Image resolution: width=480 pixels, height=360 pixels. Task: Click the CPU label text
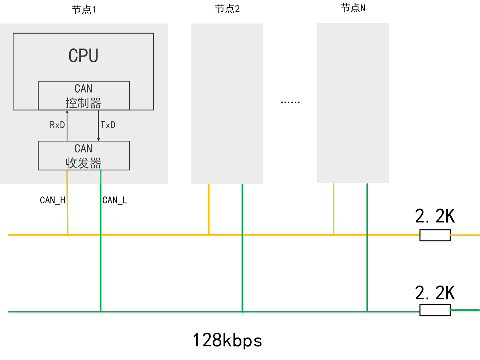pos(83,56)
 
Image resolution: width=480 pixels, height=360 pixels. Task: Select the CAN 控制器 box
pos(84,96)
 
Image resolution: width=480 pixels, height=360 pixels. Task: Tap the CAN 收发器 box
pos(84,156)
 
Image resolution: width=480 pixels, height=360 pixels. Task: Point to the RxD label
pos(57,125)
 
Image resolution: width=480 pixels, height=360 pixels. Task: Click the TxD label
pos(108,125)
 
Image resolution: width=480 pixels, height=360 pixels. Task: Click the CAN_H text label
pos(52,200)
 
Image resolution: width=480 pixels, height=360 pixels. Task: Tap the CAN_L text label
pos(115,200)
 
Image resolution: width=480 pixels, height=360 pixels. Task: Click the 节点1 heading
pos(84,9)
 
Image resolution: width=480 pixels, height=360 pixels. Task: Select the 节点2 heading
pos(227,9)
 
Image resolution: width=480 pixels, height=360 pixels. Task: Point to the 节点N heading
pos(353,8)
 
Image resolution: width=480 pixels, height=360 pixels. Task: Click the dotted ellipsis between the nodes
pos(290,102)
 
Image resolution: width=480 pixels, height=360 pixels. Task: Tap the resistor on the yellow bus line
pos(435,235)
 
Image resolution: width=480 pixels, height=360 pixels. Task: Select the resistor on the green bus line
pos(435,310)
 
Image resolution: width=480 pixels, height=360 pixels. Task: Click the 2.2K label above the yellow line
pos(435,216)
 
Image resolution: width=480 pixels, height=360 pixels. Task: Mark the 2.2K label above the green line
pos(435,293)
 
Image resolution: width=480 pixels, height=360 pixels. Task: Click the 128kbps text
pos(227,341)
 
